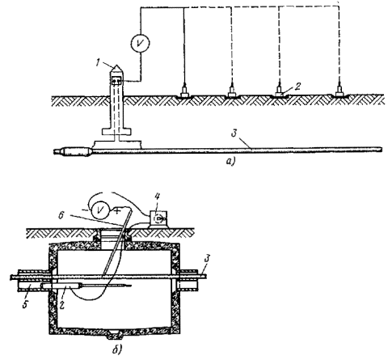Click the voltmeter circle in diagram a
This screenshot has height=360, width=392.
(140, 43)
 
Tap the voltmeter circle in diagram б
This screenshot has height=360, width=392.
(100, 210)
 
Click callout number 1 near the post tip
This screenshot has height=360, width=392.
(99, 63)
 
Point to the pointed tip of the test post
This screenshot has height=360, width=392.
(117, 66)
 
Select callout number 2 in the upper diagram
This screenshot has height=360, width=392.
(297, 87)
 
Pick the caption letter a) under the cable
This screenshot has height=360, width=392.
(231, 162)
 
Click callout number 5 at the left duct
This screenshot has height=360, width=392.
(26, 304)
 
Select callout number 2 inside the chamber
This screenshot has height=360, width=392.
(61, 304)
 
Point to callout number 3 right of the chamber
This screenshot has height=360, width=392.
(207, 259)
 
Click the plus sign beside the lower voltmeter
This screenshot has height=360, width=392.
(116, 211)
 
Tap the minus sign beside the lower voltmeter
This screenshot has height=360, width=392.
(86, 210)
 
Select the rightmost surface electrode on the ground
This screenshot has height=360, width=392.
(339, 91)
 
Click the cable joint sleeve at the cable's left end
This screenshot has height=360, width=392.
(76, 152)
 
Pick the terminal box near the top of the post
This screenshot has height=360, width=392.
(117, 81)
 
